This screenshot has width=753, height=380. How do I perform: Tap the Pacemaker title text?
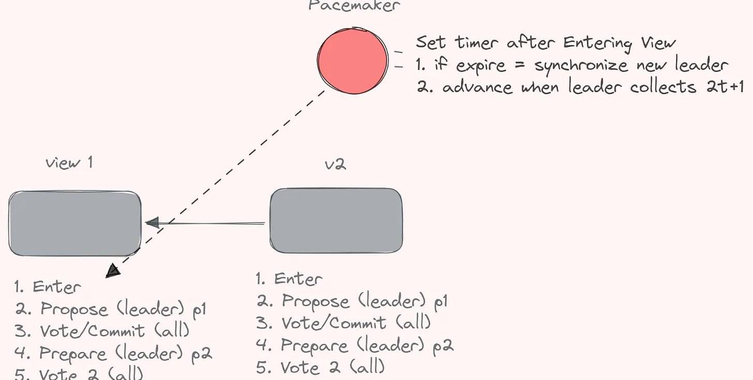tap(354, 6)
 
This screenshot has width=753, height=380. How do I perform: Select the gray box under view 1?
tap(75, 223)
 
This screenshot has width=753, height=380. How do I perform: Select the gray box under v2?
tap(336, 221)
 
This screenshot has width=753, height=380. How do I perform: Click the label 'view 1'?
tap(69, 163)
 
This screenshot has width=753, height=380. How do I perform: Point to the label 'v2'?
tap(335, 164)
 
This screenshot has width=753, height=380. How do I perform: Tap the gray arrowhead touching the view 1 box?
tap(152, 223)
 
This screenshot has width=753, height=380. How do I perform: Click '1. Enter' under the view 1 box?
tap(48, 286)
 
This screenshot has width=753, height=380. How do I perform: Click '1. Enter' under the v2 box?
tap(289, 279)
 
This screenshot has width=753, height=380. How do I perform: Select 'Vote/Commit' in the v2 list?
tap(334, 323)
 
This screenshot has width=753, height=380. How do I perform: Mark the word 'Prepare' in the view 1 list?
tap(72, 354)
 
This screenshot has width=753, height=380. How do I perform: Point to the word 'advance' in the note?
tap(478, 86)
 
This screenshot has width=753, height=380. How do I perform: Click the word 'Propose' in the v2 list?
tap(315, 301)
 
